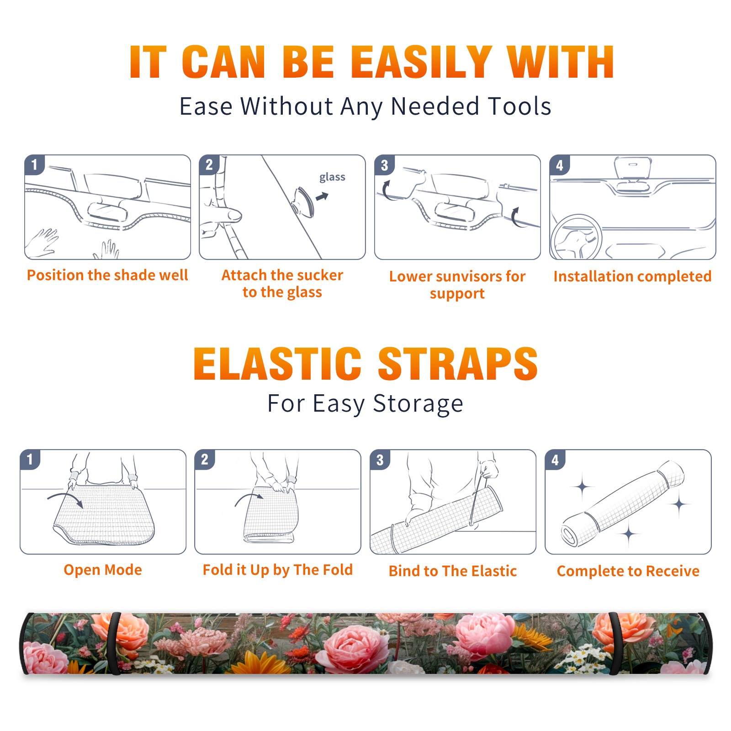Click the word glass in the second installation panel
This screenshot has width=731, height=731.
[x=332, y=177]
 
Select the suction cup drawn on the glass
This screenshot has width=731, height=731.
[x=304, y=201]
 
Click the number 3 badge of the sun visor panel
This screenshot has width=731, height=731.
[x=384, y=165]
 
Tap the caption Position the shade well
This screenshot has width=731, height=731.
[x=107, y=275]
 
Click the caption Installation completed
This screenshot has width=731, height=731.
[x=632, y=276]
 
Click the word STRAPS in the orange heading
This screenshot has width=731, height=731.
[x=458, y=364]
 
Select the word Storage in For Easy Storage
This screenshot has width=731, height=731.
[x=418, y=404]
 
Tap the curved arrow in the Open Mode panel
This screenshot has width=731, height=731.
[x=65, y=499]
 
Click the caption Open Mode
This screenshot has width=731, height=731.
[x=103, y=570]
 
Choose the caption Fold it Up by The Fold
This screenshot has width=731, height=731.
[x=278, y=570]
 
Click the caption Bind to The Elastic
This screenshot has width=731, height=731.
[x=453, y=571]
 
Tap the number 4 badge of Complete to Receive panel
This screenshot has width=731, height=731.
[x=555, y=460]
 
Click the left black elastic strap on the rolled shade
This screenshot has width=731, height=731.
[x=113, y=643]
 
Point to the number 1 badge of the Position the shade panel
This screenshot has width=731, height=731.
[x=34, y=164]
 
